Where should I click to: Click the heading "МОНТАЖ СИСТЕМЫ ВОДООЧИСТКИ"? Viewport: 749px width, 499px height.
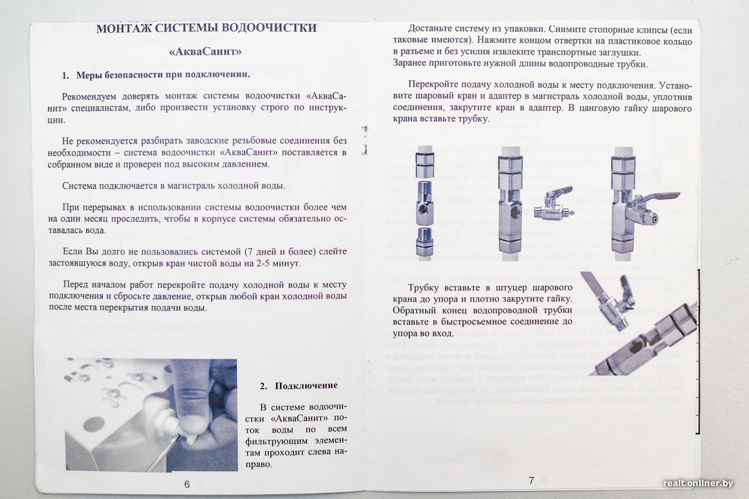(x=206, y=29)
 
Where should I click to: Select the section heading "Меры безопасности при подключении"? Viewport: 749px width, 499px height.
(x=163, y=75)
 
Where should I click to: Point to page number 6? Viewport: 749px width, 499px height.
(x=187, y=484)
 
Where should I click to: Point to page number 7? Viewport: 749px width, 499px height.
(x=531, y=480)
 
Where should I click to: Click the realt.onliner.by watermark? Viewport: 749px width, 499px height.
(x=698, y=483)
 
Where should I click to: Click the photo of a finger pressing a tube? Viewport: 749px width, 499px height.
(x=151, y=415)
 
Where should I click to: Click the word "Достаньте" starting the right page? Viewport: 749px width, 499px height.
(x=432, y=31)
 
